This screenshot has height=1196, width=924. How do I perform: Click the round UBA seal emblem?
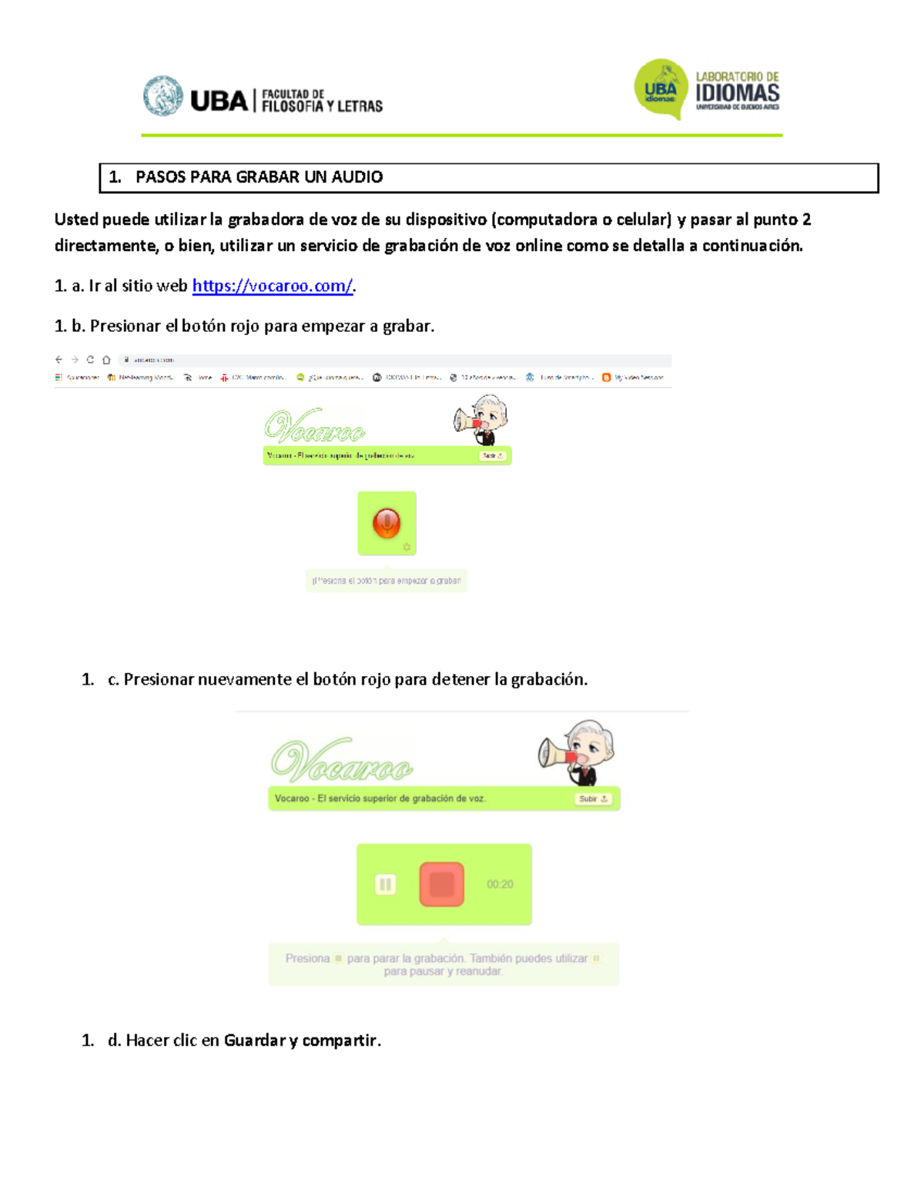pyautogui.click(x=162, y=96)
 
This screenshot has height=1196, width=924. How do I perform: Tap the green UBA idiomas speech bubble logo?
pyautogui.click(x=660, y=89)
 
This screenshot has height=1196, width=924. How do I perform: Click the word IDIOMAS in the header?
pyautogui.click(x=737, y=93)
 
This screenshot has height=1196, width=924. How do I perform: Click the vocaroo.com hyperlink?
pyautogui.click(x=272, y=286)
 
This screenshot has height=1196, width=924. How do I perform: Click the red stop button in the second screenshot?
pyautogui.click(x=441, y=883)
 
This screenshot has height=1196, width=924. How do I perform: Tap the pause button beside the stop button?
pyautogui.click(x=385, y=884)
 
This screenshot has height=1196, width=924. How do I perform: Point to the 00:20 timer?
pyautogui.click(x=500, y=884)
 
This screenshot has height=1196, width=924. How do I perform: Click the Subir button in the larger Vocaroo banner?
pyautogui.click(x=593, y=799)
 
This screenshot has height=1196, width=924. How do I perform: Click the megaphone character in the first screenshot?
pyautogui.click(x=482, y=420)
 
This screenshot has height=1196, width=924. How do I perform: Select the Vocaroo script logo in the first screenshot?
pyautogui.click(x=314, y=426)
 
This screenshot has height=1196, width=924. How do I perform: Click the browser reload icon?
pyautogui.click(x=90, y=360)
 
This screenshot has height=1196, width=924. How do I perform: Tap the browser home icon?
pyautogui.click(x=106, y=360)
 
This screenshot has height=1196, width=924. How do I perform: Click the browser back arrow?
pyautogui.click(x=59, y=360)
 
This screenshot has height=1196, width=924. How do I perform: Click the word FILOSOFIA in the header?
pyautogui.click(x=292, y=106)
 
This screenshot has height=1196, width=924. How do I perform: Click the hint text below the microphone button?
pyautogui.click(x=387, y=581)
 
